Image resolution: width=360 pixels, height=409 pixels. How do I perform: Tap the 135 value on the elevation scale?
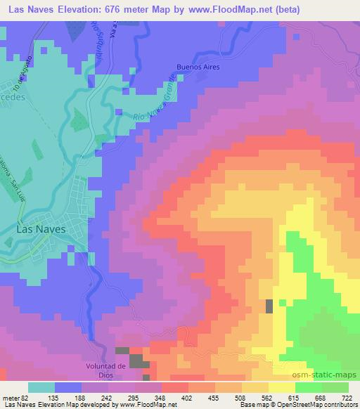53,397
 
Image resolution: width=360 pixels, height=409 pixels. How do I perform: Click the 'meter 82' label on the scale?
13,397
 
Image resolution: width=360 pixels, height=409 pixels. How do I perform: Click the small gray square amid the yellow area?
269,306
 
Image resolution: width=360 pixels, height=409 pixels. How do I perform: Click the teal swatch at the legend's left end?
41,387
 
